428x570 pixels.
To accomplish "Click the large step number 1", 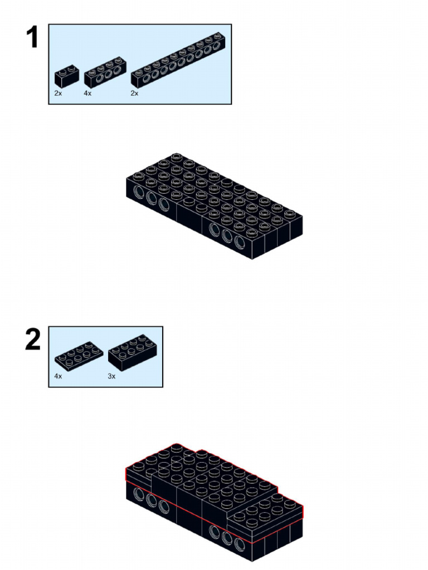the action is pyautogui.click(x=33, y=37).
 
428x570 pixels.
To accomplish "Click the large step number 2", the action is pyautogui.click(x=33, y=340).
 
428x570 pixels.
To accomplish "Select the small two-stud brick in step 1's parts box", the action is pyautogui.click(x=67, y=76).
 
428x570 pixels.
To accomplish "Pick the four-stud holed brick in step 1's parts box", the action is pyautogui.click(x=105, y=72).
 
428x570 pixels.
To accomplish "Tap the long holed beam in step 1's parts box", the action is pyautogui.click(x=178, y=60).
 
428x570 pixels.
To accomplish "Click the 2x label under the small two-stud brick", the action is pyautogui.click(x=58, y=94).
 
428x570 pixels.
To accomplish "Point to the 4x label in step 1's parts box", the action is pyautogui.click(x=87, y=94).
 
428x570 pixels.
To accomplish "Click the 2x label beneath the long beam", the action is pyautogui.click(x=135, y=94).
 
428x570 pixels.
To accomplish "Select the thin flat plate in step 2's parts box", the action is pyautogui.click(x=79, y=353).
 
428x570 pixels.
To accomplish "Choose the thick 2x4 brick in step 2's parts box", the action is pyautogui.click(x=132, y=352).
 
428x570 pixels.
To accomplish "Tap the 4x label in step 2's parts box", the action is pyautogui.click(x=58, y=376).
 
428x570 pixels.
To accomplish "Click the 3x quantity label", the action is pyautogui.click(x=111, y=376).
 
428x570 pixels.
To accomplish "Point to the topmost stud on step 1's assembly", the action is pyautogui.click(x=176, y=157).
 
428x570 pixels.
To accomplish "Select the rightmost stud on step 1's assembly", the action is pyautogui.click(x=290, y=213).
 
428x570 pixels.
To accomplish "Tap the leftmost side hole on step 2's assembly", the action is pyautogui.click(x=139, y=495).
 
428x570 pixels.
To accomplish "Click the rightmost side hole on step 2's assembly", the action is pyautogui.click(x=240, y=546).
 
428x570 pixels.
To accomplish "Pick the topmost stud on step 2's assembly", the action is pyautogui.click(x=176, y=447).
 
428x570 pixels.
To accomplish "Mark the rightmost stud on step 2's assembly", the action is pyautogui.click(x=290, y=504).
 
